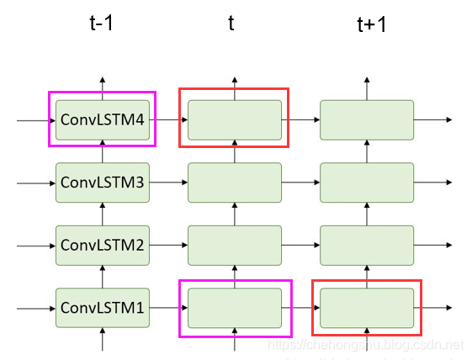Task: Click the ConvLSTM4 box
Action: coord(103,119)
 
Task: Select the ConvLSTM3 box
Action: coord(103,183)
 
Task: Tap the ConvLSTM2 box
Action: coord(103,246)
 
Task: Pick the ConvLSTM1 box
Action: coord(103,308)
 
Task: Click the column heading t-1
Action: coord(101,23)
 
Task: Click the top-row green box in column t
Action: coord(234,119)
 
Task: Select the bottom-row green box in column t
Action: coord(234,308)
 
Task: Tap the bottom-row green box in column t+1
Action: coord(367,308)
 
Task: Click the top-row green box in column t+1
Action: coord(367,119)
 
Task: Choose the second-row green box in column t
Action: coord(234,183)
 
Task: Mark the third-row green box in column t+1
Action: coord(367,246)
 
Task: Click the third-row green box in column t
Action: coord(234,246)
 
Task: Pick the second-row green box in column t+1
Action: coord(367,183)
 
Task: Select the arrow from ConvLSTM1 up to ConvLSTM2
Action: coord(103,277)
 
